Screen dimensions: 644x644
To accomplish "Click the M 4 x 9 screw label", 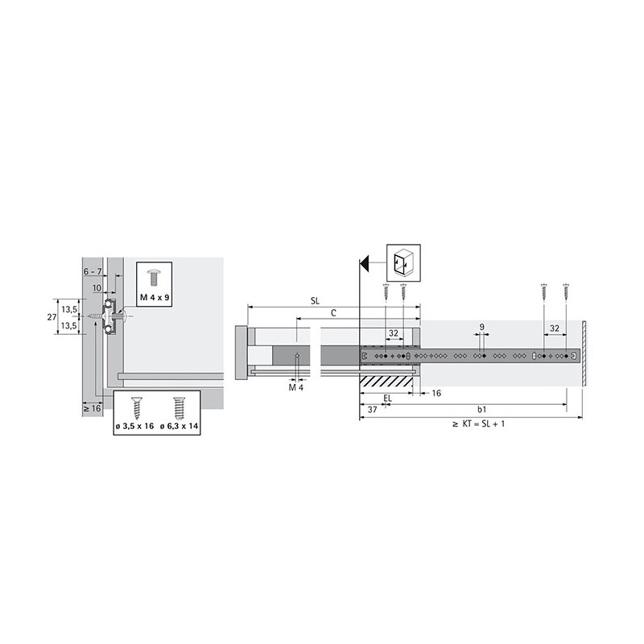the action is click(x=155, y=297).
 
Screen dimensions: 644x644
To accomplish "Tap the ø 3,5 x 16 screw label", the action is click(x=134, y=427).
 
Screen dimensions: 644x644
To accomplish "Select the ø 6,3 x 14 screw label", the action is click(x=179, y=427).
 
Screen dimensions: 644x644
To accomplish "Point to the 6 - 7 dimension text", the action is click(x=93, y=271).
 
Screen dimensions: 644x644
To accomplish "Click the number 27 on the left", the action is click(x=52, y=317).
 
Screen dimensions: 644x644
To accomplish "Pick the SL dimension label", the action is click(x=315, y=301).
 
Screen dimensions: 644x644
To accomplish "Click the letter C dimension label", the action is click(x=333, y=313).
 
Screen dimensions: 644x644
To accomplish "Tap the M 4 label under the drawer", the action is click(x=296, y=387).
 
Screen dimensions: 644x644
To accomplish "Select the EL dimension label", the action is click(x=387, y=398).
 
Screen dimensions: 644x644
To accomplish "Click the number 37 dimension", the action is click(x=372, y=410).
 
